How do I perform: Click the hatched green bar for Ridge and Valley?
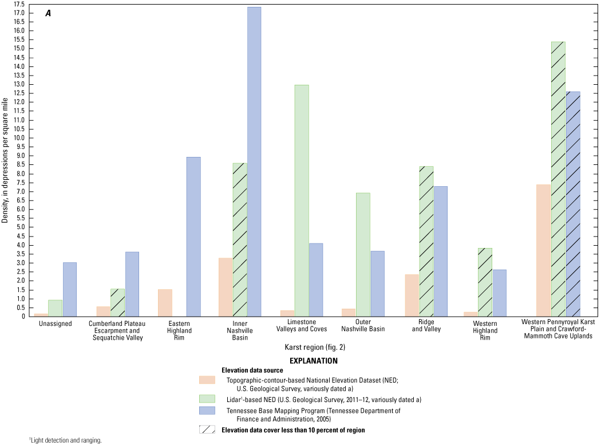426,241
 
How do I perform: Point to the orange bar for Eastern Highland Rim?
165,302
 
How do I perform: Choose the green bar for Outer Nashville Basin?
363,254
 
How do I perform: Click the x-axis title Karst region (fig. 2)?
315,347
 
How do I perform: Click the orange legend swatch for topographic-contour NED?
207,380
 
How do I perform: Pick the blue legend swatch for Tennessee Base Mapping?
207,411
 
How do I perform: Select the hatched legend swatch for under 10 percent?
207,430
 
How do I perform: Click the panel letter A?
48,13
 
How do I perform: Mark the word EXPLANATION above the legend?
314,361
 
